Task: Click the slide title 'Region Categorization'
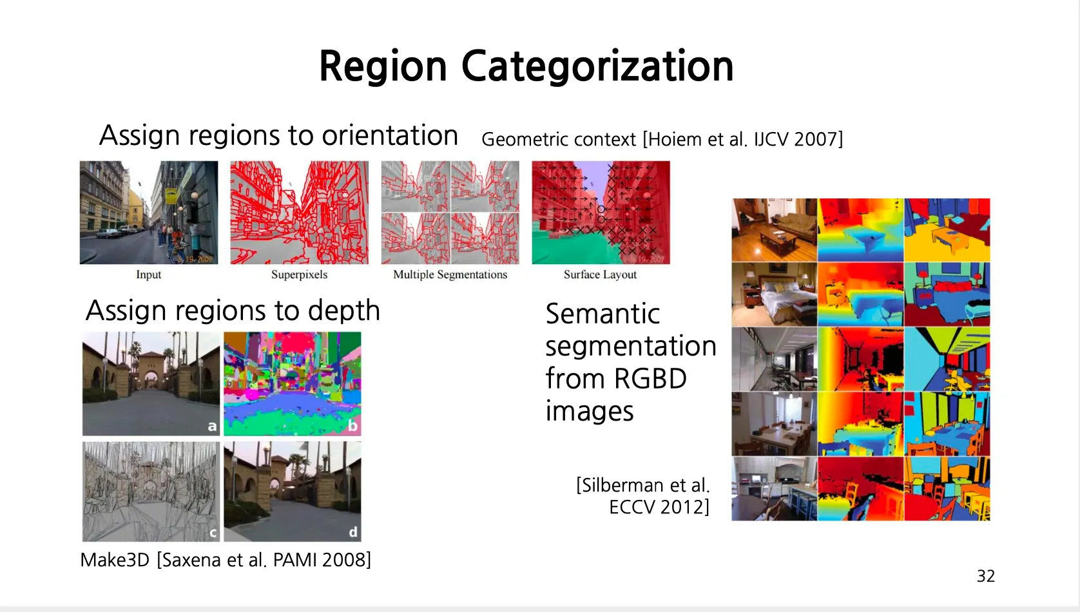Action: [526, 66]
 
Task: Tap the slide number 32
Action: [985, 577]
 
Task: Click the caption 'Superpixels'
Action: [299, 274]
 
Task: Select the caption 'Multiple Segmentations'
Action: [450, 274]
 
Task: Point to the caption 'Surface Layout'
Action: [601, 274]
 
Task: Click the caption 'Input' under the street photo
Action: [148, 274]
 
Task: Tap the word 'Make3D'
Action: [115, 560]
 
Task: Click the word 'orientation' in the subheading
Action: [390, 135]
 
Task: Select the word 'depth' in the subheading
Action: [343, 311]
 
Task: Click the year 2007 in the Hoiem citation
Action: [818, 139]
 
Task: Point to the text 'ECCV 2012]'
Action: [659, 507]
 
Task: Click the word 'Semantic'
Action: [603, 314]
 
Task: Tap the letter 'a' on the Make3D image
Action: [211, 426]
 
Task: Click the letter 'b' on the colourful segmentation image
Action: [352, 426]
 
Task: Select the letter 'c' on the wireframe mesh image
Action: [213, 533]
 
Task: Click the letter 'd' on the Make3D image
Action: [353, 531]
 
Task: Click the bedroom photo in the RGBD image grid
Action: [775, 294]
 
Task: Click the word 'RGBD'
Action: [650, 378]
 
